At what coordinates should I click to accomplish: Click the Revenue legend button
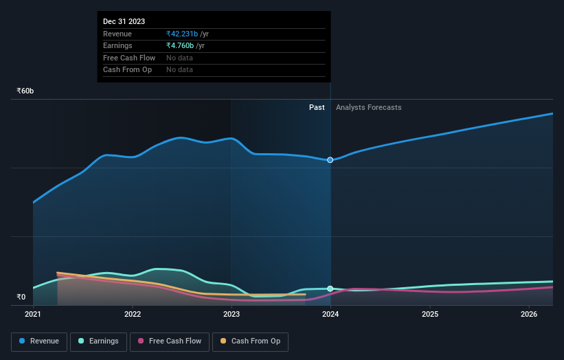click(x=39, y=341)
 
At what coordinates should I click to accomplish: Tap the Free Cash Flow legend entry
click(x=170, y=341)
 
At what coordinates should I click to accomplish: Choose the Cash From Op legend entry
click(x=251, y=341)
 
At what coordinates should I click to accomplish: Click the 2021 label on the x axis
click(x=33, y=315)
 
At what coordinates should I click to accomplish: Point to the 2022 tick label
click(x=133, y=315)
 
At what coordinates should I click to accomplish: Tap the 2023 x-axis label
click(x=232, y=315)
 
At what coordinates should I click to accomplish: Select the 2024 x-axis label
click(x=330, y=315)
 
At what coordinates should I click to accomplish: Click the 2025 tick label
click(x=430, y=315)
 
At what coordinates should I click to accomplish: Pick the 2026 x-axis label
click(x=529, y=315)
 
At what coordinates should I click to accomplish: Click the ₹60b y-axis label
click(x=25, y=91)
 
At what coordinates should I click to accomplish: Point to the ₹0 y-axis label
click(x=21, y=297)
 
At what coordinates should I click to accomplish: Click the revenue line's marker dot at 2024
click(x=330, y=160)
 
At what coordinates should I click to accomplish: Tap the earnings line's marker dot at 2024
click(x=330, y=289)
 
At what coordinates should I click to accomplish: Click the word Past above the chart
click(x=317, y=108)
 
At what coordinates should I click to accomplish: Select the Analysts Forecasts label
click(x=368, y=108)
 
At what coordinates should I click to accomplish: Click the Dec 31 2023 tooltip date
click(x=124, y=22)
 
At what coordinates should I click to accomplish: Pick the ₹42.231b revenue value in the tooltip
click(x=182, y=34)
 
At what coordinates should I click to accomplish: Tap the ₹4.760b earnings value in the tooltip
click(x=180, y=46)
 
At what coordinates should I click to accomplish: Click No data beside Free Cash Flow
click(x=179, y=58)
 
